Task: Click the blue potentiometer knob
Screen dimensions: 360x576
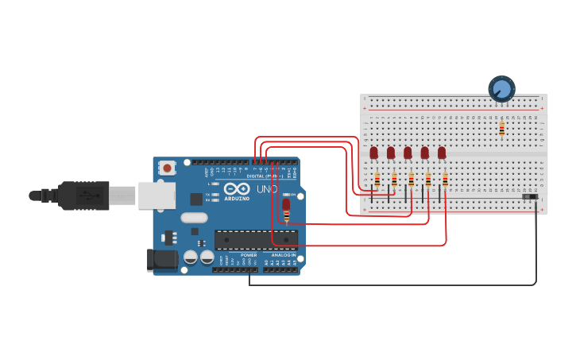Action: click(501, 88)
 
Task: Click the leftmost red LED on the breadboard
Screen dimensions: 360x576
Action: click(373, 153)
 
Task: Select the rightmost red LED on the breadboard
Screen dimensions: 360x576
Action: click(442, 153)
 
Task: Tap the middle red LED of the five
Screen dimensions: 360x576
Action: click(408, 153)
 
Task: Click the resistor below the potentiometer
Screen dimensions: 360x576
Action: click(501, 127)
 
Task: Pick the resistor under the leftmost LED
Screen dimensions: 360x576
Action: click(377, 180)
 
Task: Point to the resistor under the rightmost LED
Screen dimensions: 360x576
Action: click(445, 180)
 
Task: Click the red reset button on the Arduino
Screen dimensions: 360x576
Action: click(167, 168)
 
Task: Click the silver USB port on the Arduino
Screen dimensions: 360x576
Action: click(157, 195)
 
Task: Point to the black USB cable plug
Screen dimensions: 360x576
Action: click(83, 195)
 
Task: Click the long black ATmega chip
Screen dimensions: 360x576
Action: click(256, 239)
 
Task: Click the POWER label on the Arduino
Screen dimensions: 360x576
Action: click(249, 255)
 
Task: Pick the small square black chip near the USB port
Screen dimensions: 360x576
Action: click(196, 199)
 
